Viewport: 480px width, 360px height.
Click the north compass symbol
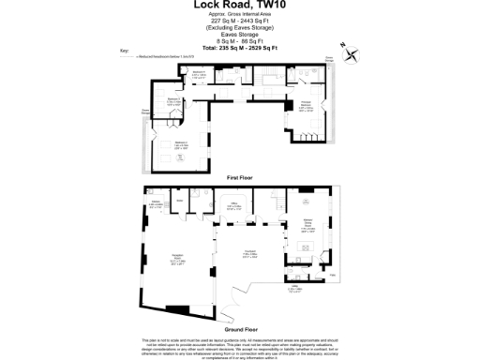[349, 53]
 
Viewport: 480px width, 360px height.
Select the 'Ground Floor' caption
[241, 329]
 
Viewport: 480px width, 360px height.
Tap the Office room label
[234, 206]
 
